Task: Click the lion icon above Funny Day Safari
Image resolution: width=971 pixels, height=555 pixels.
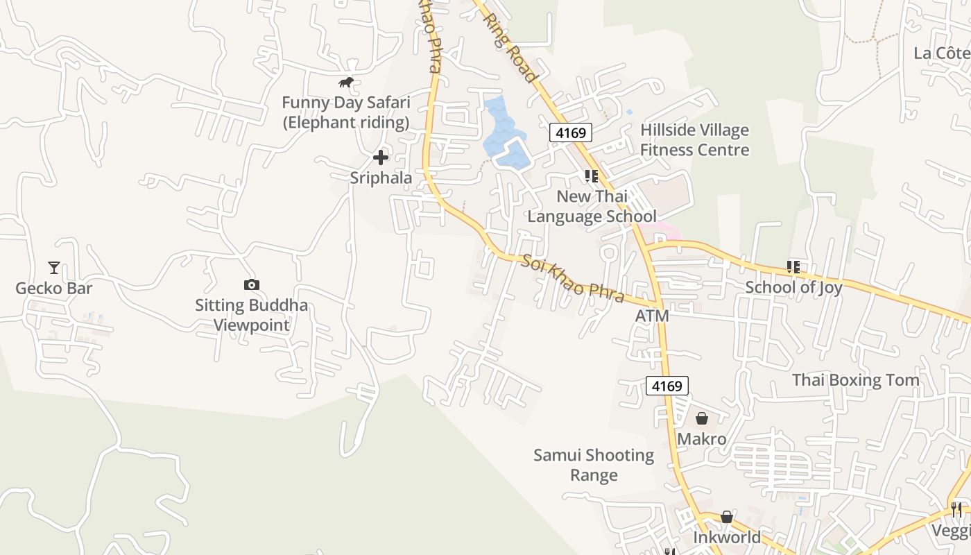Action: click(x=346, y=83)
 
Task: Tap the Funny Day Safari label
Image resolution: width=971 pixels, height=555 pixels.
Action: click(x=346, y=112)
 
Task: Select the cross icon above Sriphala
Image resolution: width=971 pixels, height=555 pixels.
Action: click(x=380, y=157)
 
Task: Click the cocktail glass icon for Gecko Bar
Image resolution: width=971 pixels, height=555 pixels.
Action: click(x=54, y=267)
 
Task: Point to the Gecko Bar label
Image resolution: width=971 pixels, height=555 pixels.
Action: click(x=54, y=288)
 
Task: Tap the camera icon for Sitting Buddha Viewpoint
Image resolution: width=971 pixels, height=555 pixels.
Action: click(x=251, y=284)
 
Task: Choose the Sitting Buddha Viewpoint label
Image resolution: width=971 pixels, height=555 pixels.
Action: click(x=251, y=315)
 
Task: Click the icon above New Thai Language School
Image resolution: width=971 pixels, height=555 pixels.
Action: click(x=591, y=176)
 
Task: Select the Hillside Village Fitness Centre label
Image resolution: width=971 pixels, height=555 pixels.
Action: click(x=694, y=140)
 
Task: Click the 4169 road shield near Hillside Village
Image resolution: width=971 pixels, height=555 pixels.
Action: click(x=570, y=132)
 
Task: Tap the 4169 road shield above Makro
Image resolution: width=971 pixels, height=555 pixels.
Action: click(x=667, y=386)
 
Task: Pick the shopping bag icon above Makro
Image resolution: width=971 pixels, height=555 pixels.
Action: click(x=702, y=418)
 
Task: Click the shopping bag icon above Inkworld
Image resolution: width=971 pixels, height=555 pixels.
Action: click(x=726, y=517)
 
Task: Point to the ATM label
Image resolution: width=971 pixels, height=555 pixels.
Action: click(x=652, y=316)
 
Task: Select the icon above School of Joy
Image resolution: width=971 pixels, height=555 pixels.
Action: click(x=793, y=267)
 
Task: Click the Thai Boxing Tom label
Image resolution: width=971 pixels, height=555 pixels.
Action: click(x=856, y=380)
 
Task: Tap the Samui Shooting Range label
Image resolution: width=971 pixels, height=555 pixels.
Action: click(x=594, y=465)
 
